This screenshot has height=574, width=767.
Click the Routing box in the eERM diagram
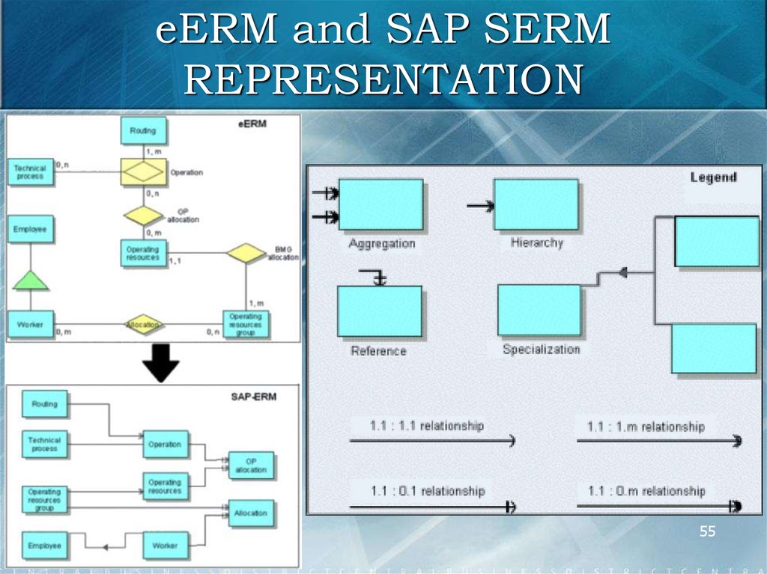click(143, 131)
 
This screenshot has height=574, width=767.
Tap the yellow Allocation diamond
click(143, 326)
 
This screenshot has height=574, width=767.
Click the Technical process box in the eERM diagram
click(30, 172)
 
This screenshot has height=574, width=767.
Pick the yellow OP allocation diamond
click(143, 216)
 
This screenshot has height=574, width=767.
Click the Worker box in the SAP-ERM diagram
click(165, 546)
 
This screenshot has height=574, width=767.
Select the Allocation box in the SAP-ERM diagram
click(252, 514)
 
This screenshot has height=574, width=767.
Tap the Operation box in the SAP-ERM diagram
click(165, 444)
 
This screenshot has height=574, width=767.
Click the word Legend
click(713, 177)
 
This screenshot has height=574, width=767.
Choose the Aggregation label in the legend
click(382, 244)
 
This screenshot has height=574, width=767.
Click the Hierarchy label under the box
click(536, 242)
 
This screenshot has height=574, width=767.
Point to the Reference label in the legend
click(378, 350)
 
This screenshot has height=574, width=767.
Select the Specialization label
click(541, 349)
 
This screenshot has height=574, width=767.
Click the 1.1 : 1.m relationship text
click(646, 427)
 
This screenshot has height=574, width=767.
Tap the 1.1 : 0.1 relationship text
click(428, 491)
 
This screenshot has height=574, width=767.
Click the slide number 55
click(707, 532)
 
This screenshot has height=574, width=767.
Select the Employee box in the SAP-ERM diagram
click(44, 546)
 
